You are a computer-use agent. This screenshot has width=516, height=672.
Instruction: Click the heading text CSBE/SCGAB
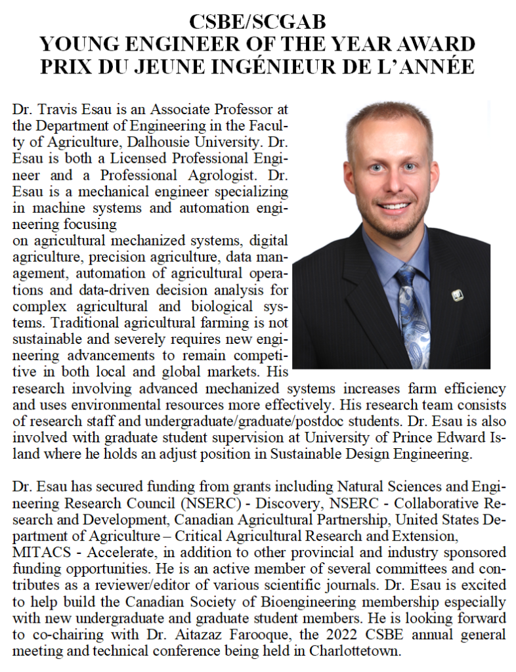tap(257, 22)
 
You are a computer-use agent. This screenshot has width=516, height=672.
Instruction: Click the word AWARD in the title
tap(435, 44)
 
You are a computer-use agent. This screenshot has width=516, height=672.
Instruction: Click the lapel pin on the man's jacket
tap(457, 295)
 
